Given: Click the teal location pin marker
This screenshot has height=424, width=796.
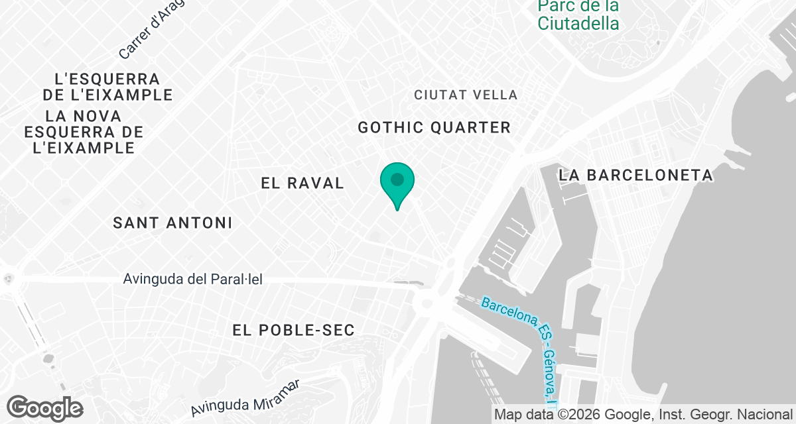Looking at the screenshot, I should click(397, 181).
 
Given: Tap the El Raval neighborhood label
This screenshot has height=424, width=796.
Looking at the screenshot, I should click(302, 184).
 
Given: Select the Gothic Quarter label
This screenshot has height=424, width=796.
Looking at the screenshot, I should click(434, 127).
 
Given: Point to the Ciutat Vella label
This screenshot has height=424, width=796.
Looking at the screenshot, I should click(466, 95).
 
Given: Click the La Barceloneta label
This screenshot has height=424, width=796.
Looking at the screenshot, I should click(635, 176).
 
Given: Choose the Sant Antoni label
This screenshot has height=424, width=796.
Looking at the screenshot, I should click(172, 223).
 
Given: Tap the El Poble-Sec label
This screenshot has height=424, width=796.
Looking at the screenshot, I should click(294, 329).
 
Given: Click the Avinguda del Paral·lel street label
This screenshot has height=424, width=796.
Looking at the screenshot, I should click(193, 280).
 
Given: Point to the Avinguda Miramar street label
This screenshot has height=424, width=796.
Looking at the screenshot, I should click(245, 396).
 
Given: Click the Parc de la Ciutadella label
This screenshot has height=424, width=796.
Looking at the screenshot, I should click(578, 15).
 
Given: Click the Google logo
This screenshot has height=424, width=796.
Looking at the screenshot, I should click(45, 407).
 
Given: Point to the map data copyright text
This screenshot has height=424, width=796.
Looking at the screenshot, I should click(643, 415).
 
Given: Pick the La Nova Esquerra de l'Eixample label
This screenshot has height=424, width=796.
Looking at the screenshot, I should click(84, 132).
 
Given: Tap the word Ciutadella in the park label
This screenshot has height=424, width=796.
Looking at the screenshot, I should click(578, 24).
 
